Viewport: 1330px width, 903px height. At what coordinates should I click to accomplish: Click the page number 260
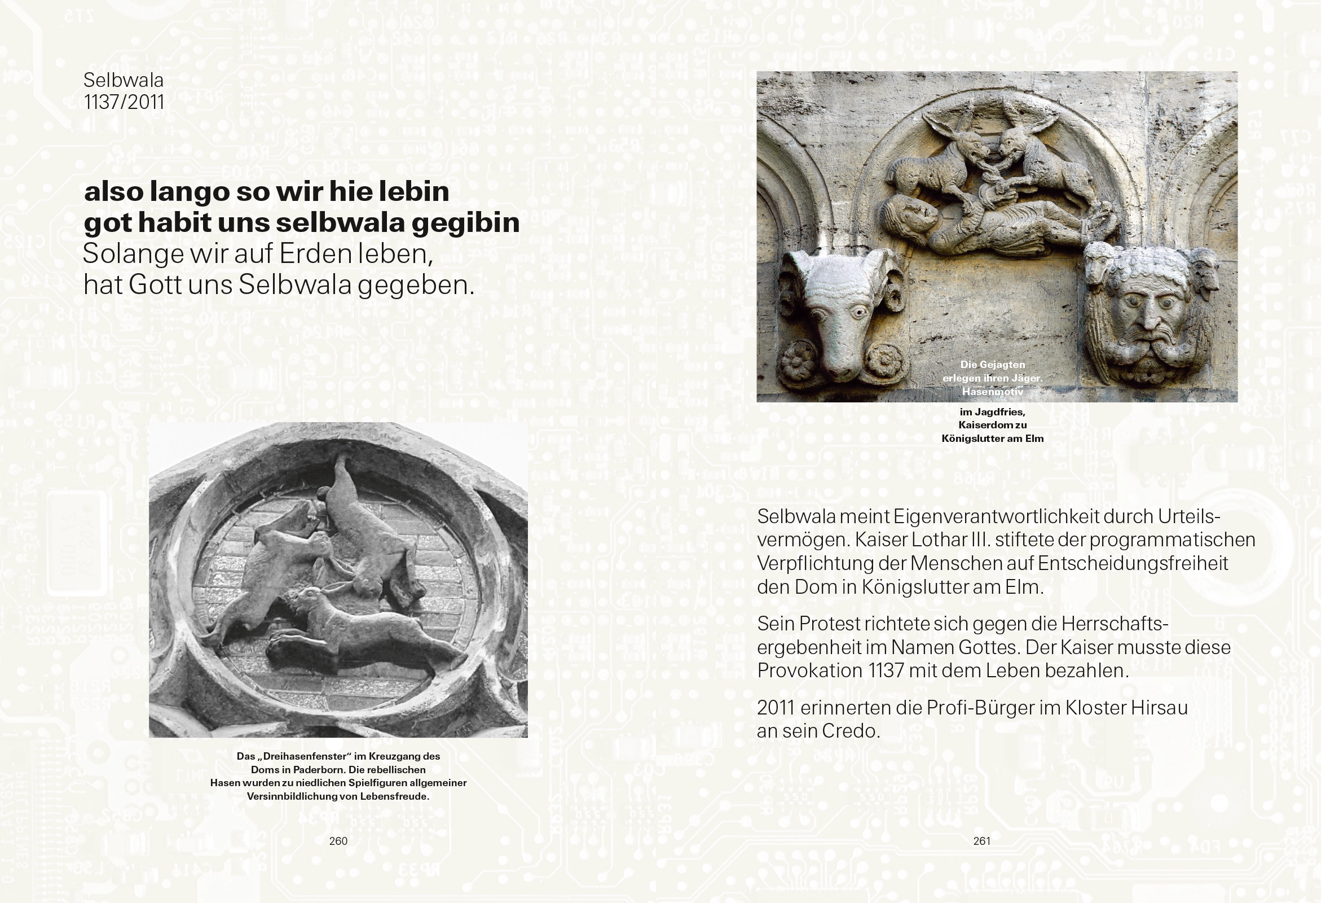click(338, 841)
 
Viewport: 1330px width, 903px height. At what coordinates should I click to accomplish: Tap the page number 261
click(981, 841)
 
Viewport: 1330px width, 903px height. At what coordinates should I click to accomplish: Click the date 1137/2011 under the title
click(124, 103)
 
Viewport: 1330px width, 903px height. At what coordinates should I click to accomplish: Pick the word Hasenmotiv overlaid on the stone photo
click(992, 392)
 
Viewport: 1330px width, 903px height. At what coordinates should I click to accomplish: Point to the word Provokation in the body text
click(809, 670)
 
